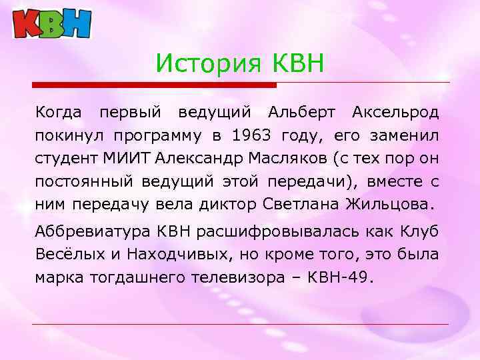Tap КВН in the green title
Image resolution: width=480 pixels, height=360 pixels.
(297, 64)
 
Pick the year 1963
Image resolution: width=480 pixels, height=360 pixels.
(251, 136)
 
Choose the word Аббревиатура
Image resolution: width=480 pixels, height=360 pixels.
(91, 232)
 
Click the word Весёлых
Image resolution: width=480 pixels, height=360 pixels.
(66, 255)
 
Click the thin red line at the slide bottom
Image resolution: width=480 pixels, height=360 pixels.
(240, 325)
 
